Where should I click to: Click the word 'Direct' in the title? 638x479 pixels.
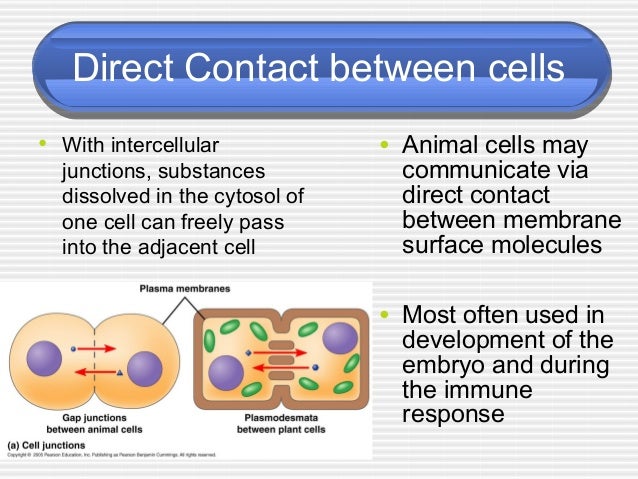tap(121, 70)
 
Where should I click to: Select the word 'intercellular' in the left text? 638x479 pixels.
tap(168, 147)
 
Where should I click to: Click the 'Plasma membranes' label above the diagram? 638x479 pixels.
tap(186, 289)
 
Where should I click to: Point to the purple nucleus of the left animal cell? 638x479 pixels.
tap(45, 360)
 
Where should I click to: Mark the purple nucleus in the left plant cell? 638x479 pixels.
tap(226, 373)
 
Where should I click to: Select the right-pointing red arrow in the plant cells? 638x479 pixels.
tap(281, 352)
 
